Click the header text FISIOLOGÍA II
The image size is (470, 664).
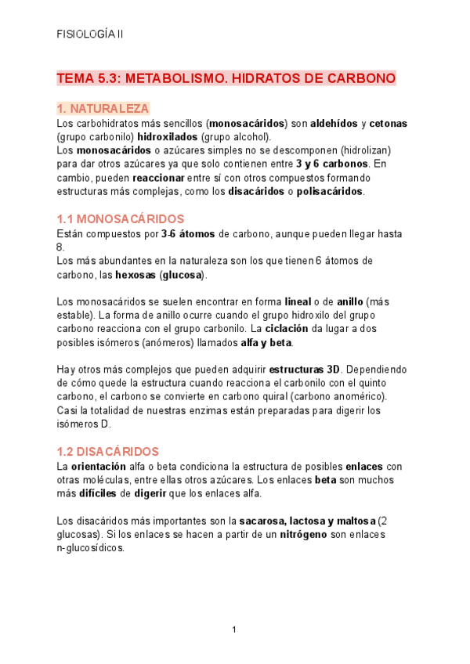[90, 34]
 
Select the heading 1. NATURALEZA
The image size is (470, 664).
[103, 109]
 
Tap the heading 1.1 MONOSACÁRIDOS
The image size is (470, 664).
[121, 219]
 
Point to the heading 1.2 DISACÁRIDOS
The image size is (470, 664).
[108, 452]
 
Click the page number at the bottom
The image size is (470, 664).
[234, 630]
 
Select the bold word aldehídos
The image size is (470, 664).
[334, 124]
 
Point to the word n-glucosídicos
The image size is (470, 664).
[92, 548]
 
